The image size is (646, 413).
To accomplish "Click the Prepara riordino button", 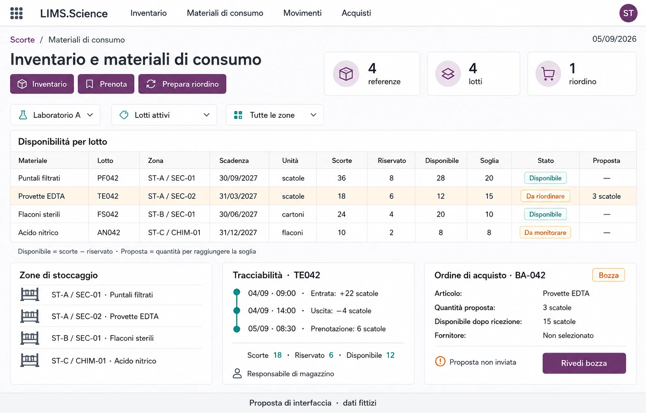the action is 182,84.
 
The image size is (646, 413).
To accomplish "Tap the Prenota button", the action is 106,84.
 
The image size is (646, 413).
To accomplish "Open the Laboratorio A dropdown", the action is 55,115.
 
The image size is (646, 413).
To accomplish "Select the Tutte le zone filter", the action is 274,115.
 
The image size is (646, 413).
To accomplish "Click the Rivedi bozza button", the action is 584,363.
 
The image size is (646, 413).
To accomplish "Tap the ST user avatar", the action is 628,13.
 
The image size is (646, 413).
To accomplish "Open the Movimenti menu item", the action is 302,13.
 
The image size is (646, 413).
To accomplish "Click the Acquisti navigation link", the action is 356,13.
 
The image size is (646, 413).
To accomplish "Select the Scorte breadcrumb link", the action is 22,40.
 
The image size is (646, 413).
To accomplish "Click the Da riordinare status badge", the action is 545,196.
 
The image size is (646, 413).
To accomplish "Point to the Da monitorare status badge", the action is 545,233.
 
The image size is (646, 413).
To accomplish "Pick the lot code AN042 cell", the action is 108,233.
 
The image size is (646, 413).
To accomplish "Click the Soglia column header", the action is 489,161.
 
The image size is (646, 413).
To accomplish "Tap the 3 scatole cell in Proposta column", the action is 606,196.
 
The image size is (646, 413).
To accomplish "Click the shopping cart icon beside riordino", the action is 548,74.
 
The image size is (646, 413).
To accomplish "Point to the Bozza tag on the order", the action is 609,275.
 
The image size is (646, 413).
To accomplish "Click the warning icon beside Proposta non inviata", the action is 440,362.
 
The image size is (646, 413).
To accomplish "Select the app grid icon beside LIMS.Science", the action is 16,13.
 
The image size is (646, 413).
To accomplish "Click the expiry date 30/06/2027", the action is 238,215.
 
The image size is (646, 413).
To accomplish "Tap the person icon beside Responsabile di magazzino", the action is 237,373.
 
